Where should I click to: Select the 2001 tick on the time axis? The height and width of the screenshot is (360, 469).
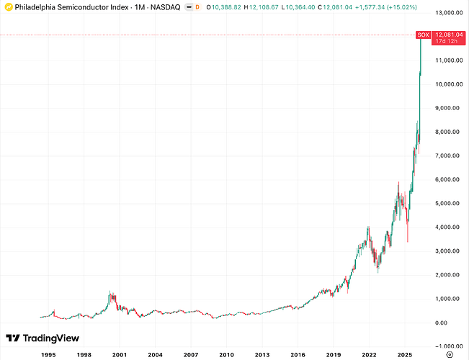click(x=120, y=355)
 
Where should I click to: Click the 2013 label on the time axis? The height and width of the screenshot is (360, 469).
click(x=262, y=355)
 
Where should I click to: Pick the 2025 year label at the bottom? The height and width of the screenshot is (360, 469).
click(x=405, y=355)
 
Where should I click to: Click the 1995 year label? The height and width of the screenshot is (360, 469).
click(x=48, y=355)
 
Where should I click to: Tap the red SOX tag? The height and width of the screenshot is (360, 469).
click(x=423, y=35)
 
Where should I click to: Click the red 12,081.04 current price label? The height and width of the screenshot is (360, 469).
click(x=448, y=35)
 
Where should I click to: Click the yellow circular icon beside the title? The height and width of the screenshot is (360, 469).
click(x=9, y=7)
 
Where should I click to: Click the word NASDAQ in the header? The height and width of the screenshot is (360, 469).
click(x=166, y=7)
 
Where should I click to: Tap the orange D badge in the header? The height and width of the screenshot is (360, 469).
click(x=197, y=7)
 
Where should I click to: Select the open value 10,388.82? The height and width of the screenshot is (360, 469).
click(x=226, y=7)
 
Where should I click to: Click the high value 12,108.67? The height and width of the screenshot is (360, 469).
click(x=264, y=7)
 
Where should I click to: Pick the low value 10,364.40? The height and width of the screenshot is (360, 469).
click(x=300, y=7)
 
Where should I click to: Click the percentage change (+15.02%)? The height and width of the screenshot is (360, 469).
click(x=402, y=7)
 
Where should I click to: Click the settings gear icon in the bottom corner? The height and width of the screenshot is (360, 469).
click(x=450, y=355)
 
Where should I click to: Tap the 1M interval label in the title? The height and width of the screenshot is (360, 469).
click(x=140, y=7)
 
